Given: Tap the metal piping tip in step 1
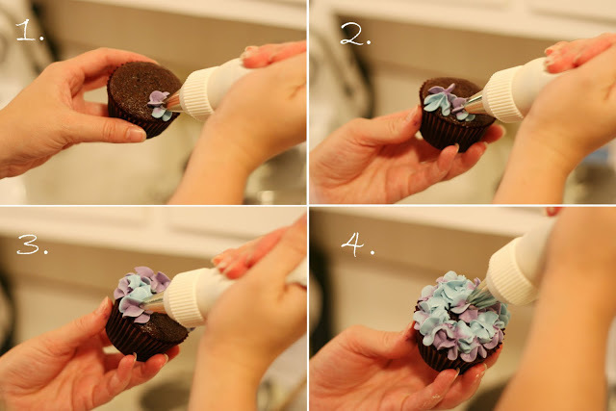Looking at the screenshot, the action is point(173,101).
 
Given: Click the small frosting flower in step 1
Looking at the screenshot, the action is point(159,105).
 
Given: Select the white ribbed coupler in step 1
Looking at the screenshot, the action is point(197,94).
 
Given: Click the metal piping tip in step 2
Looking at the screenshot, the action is point(475,104).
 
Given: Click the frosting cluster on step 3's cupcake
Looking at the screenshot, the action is point(140,293).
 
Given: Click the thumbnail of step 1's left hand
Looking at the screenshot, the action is point(136,134).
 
